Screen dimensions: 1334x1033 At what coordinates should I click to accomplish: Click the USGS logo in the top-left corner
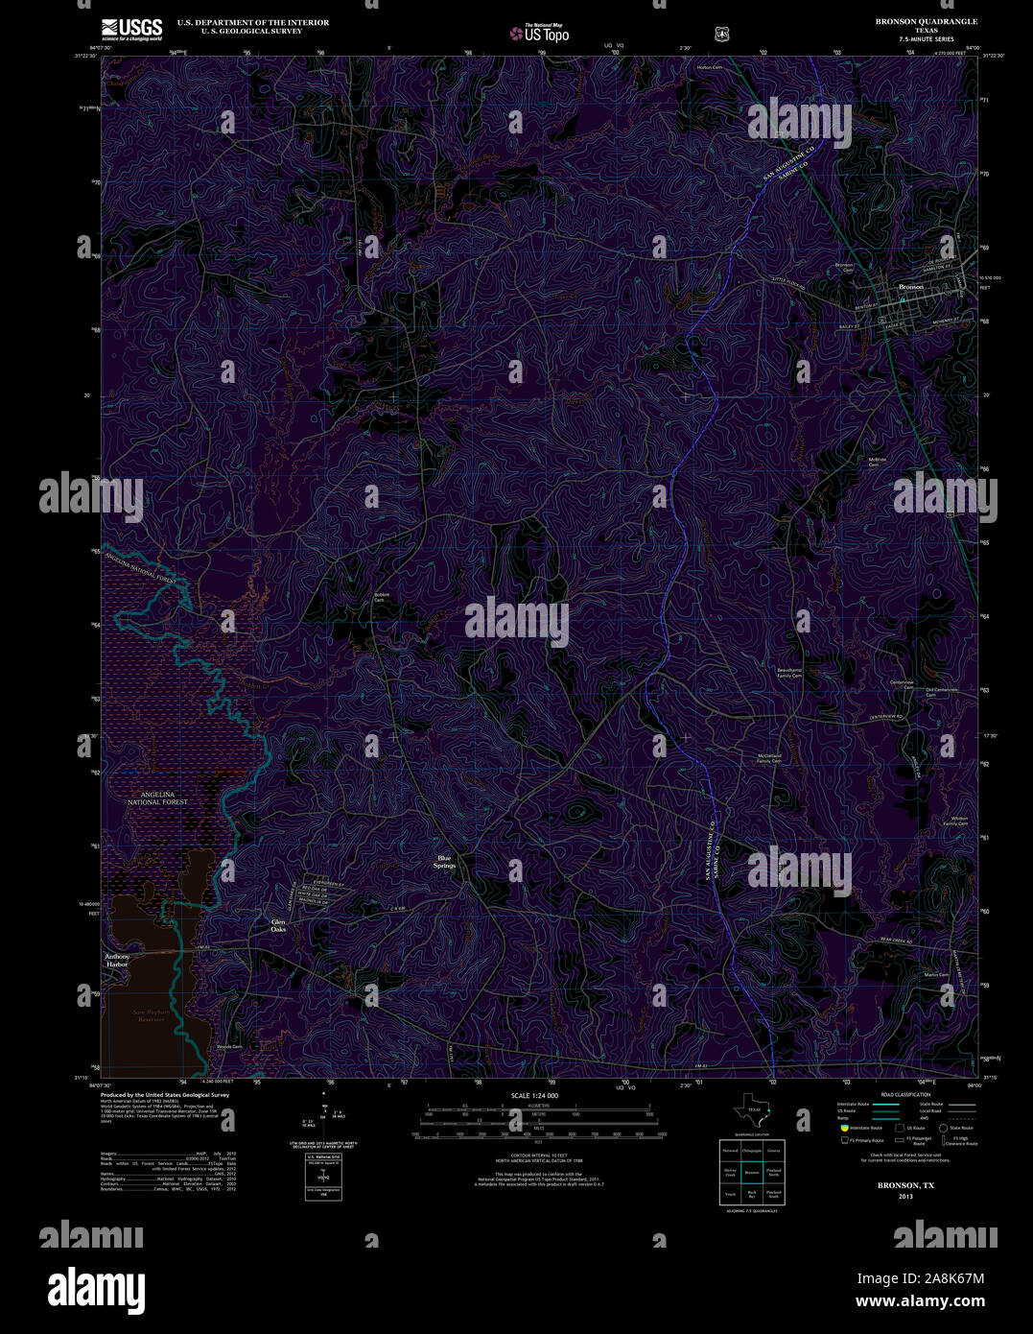[131, 27]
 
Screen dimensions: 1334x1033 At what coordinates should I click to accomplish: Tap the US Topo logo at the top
[539, 33]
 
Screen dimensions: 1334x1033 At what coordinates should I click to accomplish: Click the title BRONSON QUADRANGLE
[912, 21]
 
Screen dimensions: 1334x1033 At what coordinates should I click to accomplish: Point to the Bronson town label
[910, 287]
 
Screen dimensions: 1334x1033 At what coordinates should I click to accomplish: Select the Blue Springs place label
[444, 862]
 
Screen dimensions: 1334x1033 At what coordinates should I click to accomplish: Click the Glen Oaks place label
[278, 925]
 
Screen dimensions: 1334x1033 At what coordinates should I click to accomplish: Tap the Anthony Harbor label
[117, 960]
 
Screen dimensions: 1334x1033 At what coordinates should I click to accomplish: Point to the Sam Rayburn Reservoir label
[152, 1014]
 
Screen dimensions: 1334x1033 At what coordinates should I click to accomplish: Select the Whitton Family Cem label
[954, 821]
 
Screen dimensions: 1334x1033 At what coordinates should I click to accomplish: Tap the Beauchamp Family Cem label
[789, 673]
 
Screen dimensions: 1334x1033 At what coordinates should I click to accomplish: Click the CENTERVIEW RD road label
[887, 718]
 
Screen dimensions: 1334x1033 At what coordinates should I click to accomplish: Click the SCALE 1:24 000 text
[534, 1095]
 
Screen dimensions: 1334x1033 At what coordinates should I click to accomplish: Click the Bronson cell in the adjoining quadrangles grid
[752, 1172]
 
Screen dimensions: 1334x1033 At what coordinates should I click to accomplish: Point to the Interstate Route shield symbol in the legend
[845, 1128]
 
